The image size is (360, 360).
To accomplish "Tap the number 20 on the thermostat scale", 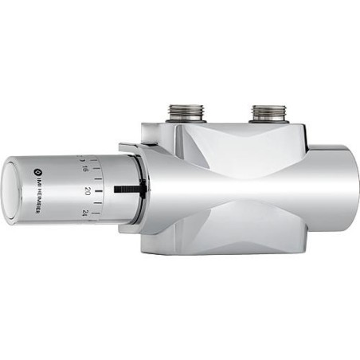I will click(85, 191).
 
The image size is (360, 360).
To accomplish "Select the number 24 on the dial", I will click(84, 213).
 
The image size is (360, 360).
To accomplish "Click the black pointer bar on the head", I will click(127, 190).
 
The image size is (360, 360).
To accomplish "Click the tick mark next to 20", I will click(97, 190).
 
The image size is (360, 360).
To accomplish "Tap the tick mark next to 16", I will click(96, 169).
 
